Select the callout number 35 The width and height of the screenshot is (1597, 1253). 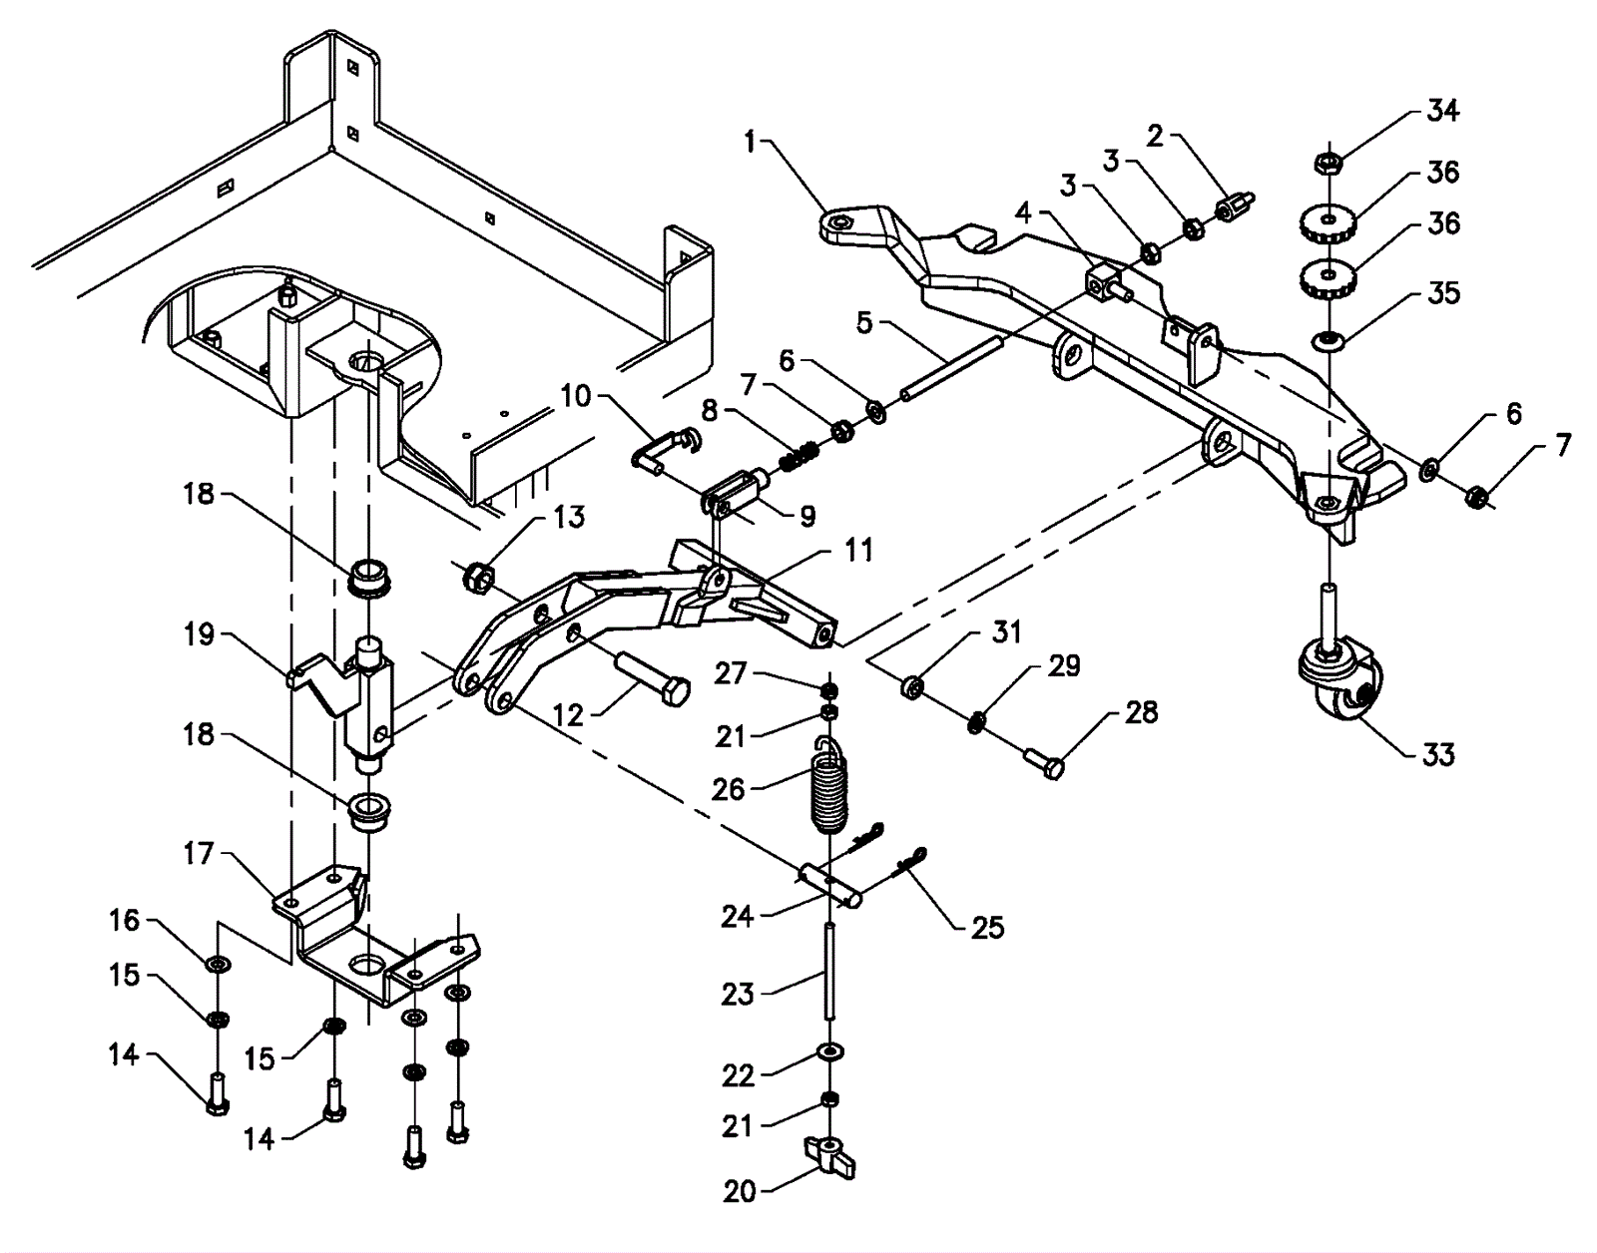(x=1442, y=293)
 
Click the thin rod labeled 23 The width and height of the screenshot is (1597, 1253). (x=829, y=972)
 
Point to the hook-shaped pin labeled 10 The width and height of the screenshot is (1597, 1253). (x=665, y=450)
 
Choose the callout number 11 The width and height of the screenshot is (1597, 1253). (x=858, y=550)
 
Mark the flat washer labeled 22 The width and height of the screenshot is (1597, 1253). (x=829, y=1052)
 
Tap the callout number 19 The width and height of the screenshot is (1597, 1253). (x=199, y=634)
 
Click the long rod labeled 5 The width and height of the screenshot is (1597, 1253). (x=951, y=370)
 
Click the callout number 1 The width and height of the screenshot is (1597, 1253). (x=750, y=142)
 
